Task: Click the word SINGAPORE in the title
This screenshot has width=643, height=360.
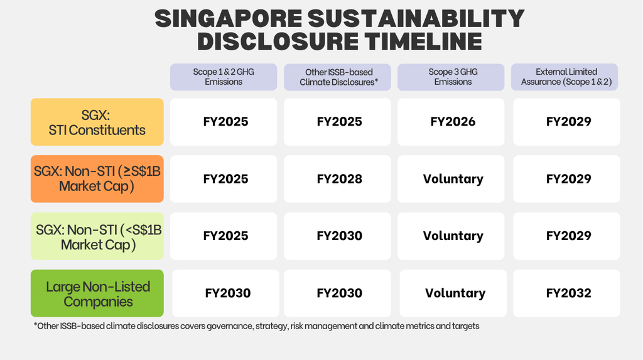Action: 229,18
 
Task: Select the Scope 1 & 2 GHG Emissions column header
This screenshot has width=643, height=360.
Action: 224,77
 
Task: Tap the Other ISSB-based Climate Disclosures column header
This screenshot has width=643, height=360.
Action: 337,77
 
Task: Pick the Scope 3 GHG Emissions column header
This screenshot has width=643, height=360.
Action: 451,77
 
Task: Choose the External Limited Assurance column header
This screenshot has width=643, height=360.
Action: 565,77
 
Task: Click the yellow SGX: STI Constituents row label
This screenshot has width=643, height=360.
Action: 97,122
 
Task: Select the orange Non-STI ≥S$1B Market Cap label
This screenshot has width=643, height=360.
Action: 97,179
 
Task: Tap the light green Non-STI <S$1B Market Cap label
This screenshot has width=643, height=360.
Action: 97,236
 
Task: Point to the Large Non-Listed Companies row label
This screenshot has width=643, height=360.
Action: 97,293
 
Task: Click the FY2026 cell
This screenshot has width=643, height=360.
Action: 451,122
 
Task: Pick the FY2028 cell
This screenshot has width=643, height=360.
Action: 337,179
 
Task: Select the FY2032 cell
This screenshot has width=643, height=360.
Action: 566,293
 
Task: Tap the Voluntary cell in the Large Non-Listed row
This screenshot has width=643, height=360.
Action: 453,293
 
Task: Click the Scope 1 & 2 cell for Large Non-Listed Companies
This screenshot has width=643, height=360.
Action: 225,293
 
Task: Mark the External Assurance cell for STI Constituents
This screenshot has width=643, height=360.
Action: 566,122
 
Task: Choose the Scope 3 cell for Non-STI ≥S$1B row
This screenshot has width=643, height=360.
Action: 451,179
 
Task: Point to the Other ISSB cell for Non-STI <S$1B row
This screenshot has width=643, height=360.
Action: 337,236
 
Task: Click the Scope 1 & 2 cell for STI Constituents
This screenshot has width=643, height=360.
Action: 224,122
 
